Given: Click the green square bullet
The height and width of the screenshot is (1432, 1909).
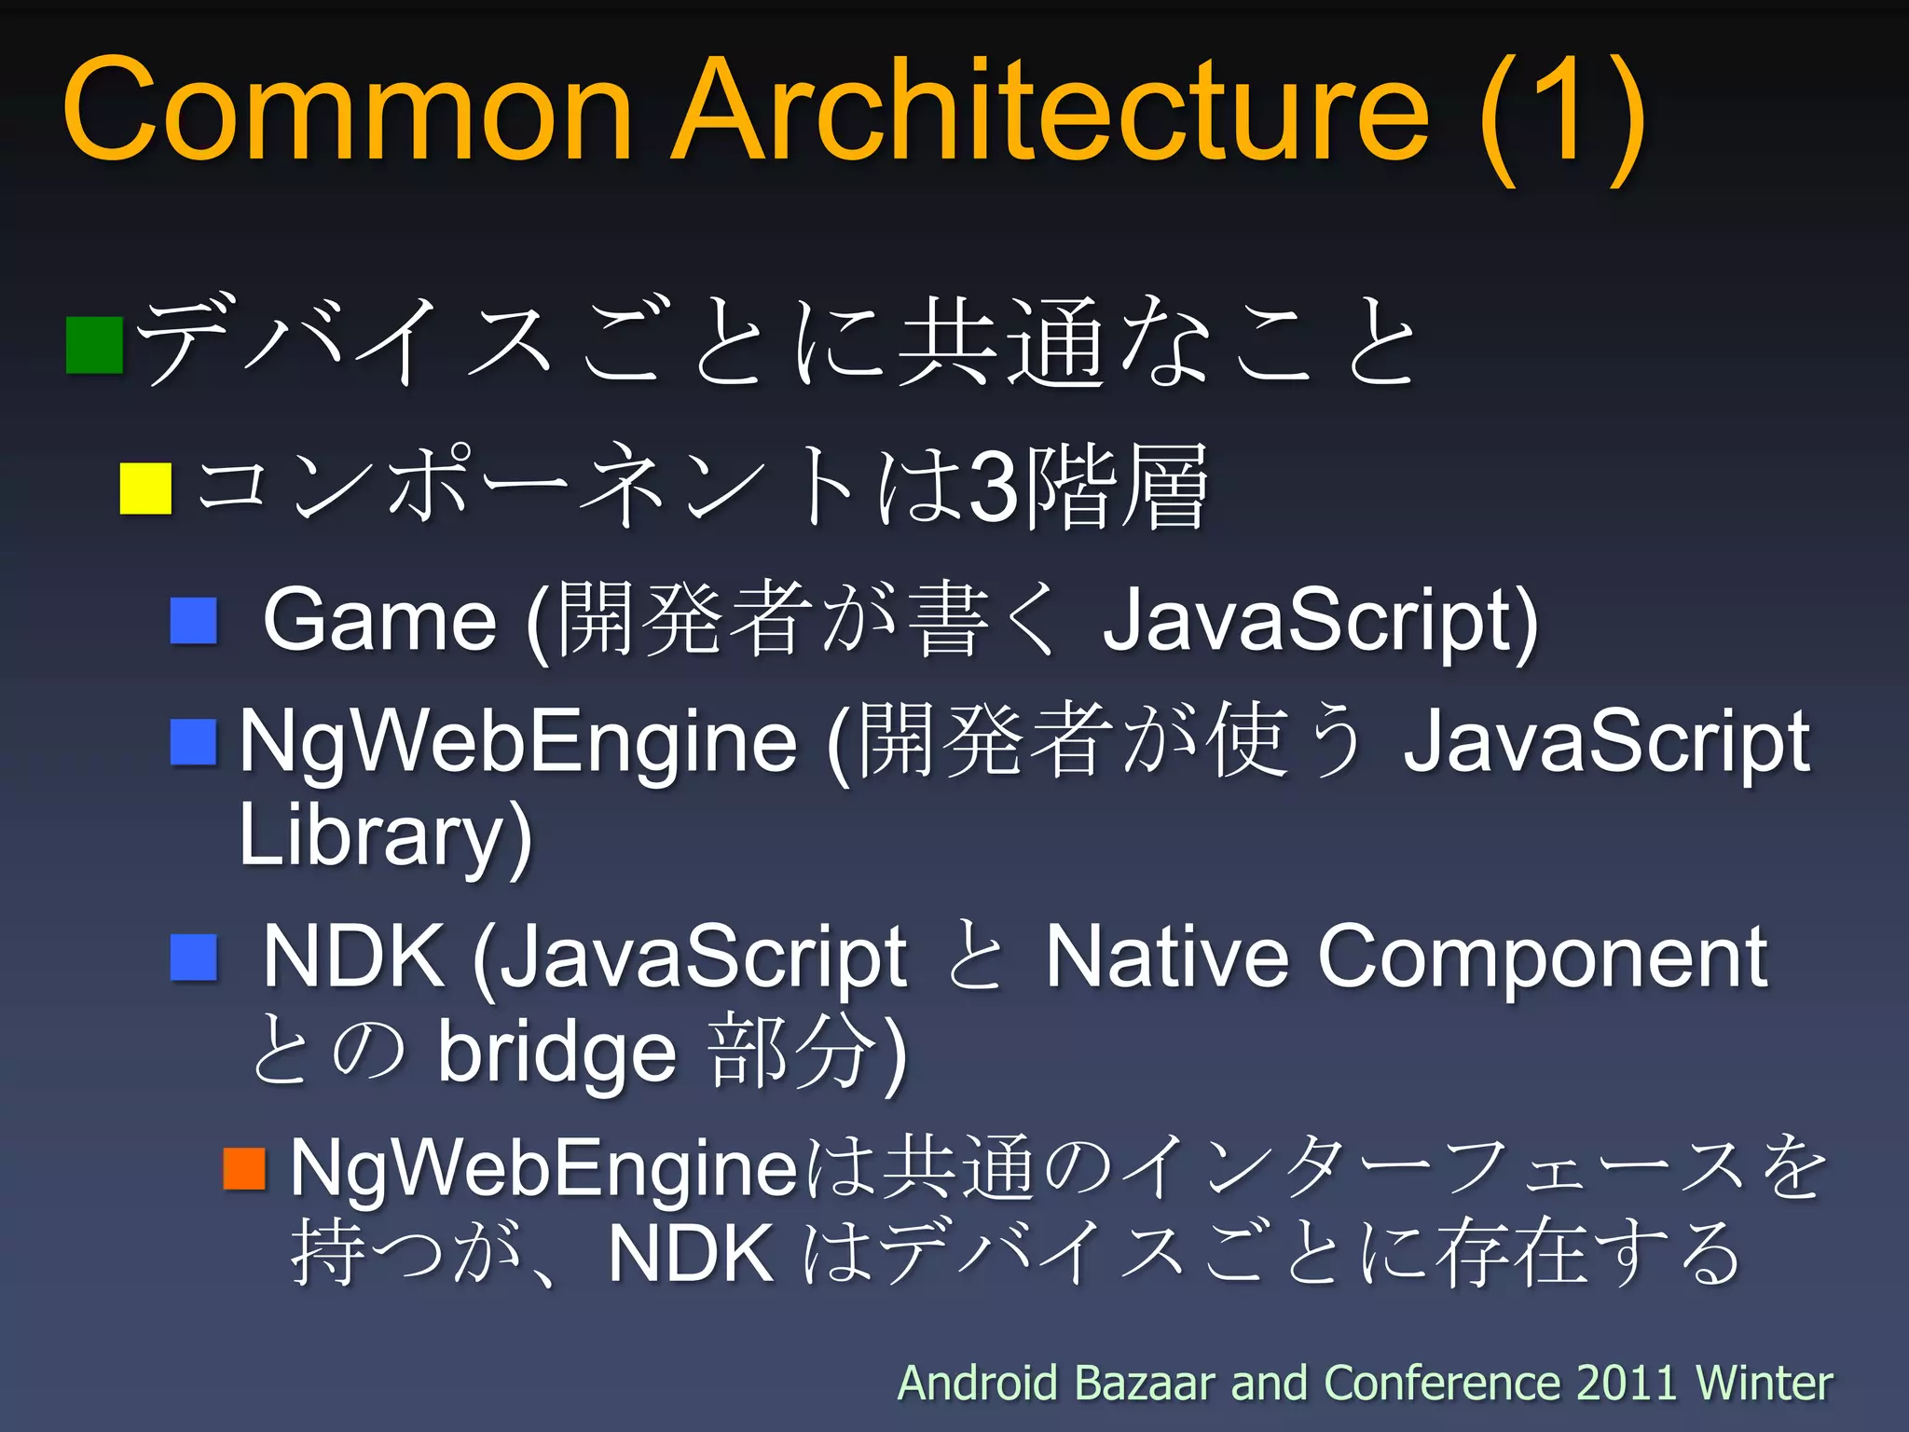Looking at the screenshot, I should [95, 345].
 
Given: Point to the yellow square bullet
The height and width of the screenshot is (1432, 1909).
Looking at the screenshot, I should [146, 489].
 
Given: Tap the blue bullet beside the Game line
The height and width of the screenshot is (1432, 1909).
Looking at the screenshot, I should [194, 621].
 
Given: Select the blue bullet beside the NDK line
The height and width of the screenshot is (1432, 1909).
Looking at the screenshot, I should [194, 957].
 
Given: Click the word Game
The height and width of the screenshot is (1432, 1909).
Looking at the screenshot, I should [379, 621].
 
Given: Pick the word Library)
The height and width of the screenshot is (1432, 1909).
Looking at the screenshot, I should [385, 835].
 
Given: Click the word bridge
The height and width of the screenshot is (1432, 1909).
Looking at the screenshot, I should [557, 1053].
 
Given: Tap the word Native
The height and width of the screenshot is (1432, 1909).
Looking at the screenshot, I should [1166, 957].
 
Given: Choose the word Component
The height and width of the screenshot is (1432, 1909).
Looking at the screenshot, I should [1543, 958].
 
